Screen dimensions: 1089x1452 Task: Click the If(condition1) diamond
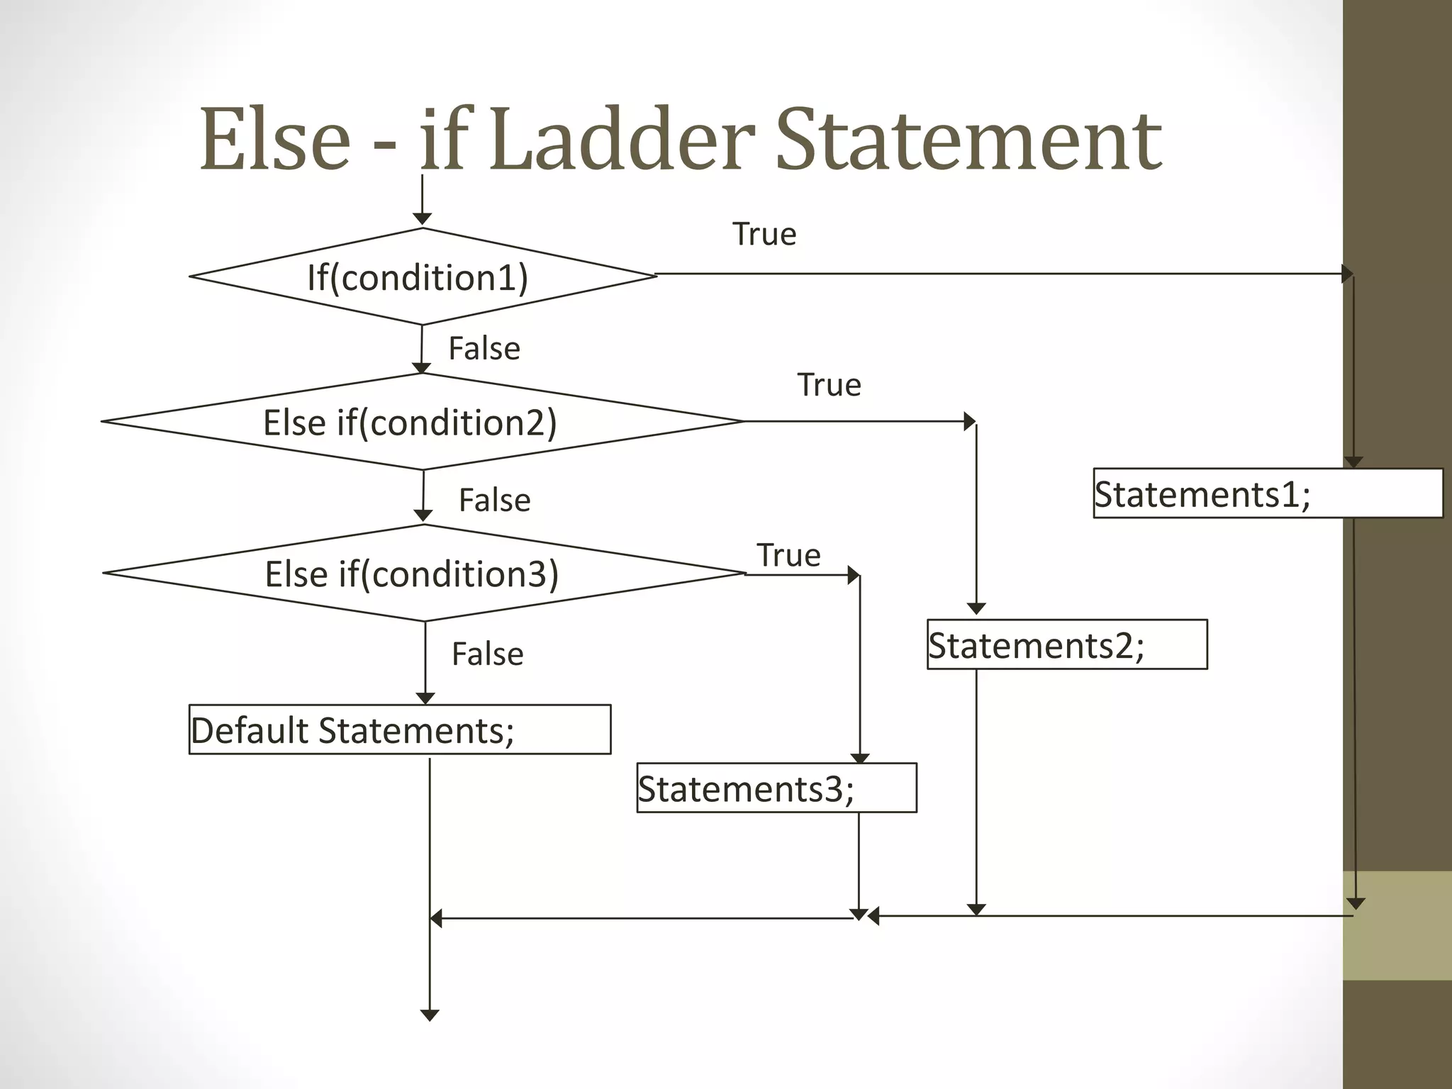pos(423,277)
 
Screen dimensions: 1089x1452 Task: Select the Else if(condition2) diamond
pos(423,422)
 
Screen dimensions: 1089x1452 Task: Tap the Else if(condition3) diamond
pos(424,573)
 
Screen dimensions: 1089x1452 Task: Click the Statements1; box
pos(1268,493)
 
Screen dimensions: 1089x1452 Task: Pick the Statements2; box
pos(1067,644)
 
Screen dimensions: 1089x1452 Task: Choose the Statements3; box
pos(776,788)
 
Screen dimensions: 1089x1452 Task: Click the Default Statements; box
pos(400,730)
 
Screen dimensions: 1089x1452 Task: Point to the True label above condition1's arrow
pos(764,234)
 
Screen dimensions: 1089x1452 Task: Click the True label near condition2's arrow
pos(829,385)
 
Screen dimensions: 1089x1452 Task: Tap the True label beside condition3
pos(788,555)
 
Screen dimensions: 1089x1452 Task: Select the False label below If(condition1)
pos(484,349)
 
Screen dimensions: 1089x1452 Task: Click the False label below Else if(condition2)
pos(495,501)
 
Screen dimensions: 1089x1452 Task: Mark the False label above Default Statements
pos(488,654)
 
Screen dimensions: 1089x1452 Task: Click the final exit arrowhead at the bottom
pos(430,1015)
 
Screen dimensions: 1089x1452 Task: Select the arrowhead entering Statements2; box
pos(976,608)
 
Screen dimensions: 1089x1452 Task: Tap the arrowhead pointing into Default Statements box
pos(425,698)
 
